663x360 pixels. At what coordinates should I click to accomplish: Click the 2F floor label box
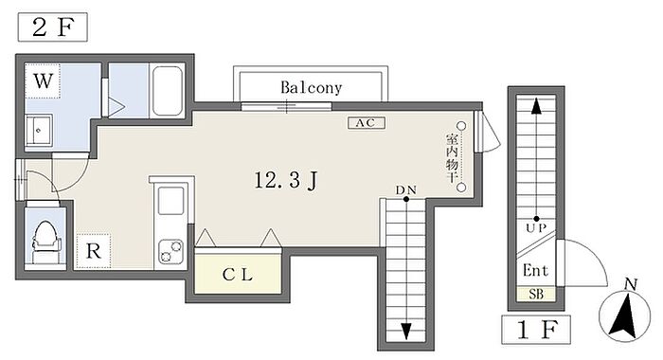tap(53, 27)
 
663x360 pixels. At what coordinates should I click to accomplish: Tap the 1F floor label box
tap(536, 330)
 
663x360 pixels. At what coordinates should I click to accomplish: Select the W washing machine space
tap(43, 81)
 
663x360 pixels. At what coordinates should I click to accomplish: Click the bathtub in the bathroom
tap(167, 91)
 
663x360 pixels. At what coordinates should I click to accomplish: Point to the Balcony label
tap(312, 87)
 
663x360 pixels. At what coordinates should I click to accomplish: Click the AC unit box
tap(367, 122)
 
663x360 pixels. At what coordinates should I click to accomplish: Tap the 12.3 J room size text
tap(286, 181)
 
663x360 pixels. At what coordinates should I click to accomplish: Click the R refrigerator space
tap(94, 251)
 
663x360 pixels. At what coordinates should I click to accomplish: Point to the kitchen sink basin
tap(170, 201)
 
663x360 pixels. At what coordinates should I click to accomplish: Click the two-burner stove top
tap(170, 251)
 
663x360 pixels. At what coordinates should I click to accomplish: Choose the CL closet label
tap(237, 275)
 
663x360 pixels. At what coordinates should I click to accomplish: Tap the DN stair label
tap(406, 189)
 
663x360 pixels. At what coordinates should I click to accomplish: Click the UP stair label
tap(536, 228)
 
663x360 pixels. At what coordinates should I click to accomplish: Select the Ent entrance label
tap(535, 270)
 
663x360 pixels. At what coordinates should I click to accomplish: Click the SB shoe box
tap(536, 294)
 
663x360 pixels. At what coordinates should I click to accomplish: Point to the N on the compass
tap(631, 284)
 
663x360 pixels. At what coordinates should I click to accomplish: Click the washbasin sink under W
tap(39, 131)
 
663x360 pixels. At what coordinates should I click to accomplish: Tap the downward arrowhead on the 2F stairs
tap(406, 331)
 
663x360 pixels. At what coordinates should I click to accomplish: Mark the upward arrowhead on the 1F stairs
tap(536, 106)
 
